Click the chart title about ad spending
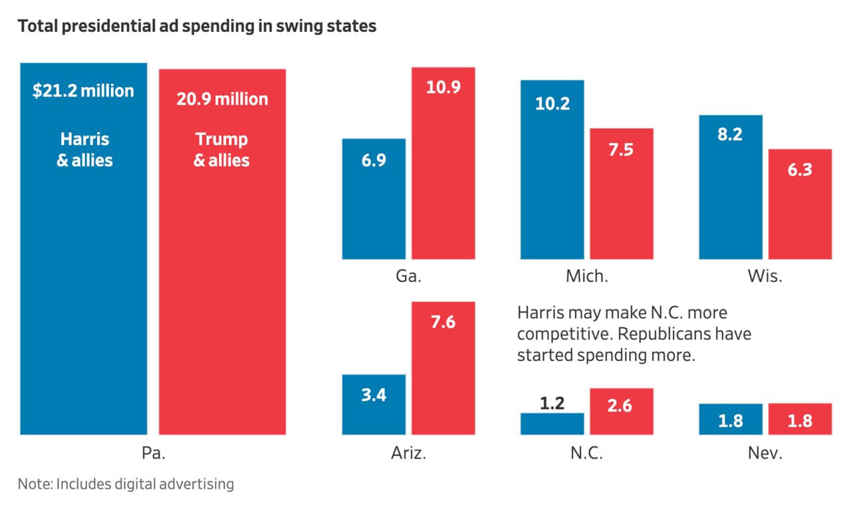[197, 27]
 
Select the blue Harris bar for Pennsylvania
[84, 266]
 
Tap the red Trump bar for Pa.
[222, 279]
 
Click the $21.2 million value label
[83, 90]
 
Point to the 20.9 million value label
[222, 99]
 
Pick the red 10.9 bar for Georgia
[443, 173]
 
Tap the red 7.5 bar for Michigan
[622, 199]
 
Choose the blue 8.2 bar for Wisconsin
[731, 193]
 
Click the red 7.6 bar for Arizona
[443, 372]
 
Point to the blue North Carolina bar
[552, 424]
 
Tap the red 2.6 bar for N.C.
[622, 412]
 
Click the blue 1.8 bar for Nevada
[731, 420]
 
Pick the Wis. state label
[765, 276]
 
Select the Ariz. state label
[408, 454]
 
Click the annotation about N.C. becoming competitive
[634, 334]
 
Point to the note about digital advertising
[126, 483]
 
